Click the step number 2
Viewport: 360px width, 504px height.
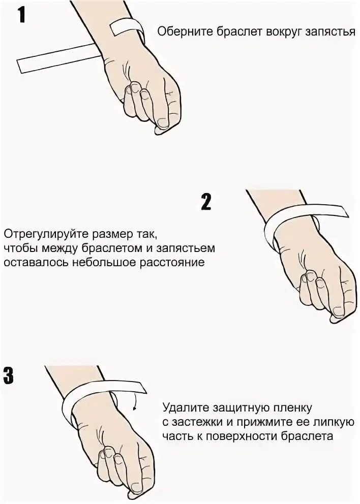(206, 202)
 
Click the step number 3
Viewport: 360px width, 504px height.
(9, 374)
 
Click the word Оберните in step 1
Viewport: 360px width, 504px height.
(181, 32)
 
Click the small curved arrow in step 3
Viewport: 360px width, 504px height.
(135, 404)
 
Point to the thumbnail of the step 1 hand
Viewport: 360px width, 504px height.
(163, 122)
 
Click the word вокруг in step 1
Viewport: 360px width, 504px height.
(278, 32)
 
